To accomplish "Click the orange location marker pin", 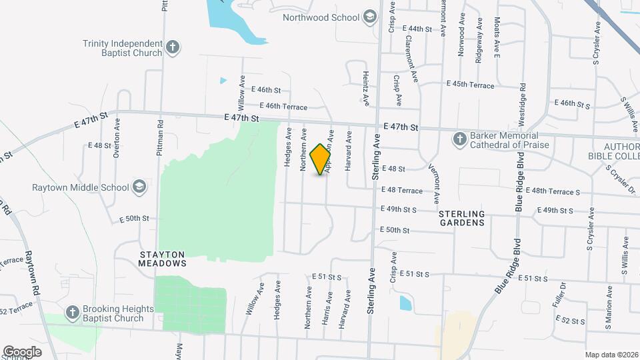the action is coord(321,159).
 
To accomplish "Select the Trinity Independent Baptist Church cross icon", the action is coord(173,47).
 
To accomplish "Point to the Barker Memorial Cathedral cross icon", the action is coord(459,139).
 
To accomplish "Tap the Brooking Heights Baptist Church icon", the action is coord(73,313).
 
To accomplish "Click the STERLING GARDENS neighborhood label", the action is coord(461,218).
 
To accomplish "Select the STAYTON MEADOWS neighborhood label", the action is coord(163,259).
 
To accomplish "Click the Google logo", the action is coord(21,351).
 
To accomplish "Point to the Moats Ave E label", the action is coord(497,40).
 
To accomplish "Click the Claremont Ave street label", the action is coord(411,57).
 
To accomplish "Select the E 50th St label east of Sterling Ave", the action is coord(393,230).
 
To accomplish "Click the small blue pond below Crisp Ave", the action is coord(405,303).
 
